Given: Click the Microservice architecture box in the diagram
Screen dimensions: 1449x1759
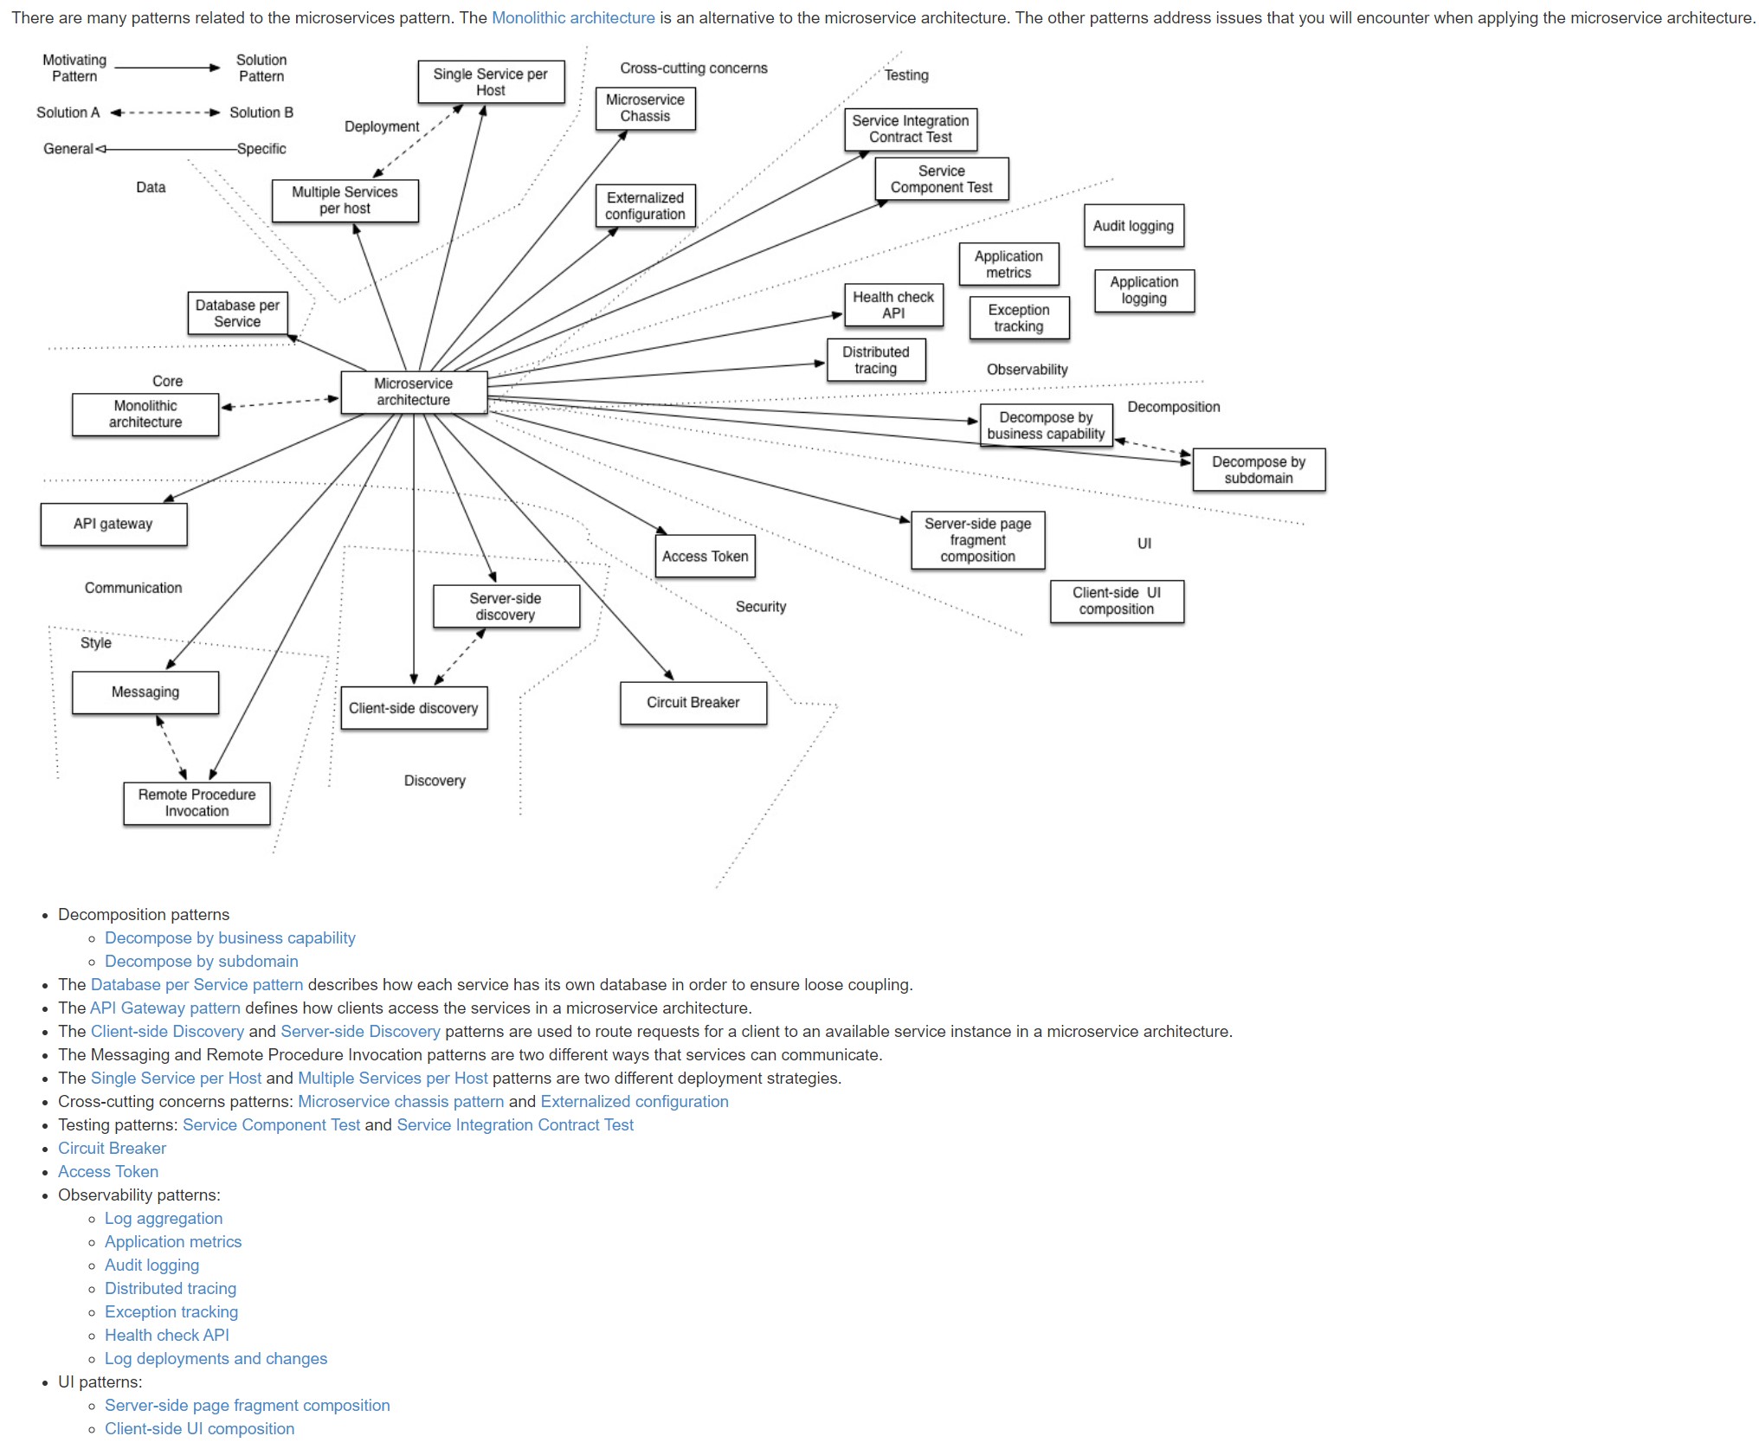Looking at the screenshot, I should (414, 392).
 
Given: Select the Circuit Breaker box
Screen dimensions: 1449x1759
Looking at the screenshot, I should (693, 703).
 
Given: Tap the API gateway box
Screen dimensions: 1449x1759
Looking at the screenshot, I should (113, 524).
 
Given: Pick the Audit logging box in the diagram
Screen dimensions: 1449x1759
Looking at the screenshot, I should (1133, 226).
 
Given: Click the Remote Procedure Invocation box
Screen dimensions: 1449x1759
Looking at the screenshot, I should (197, 803).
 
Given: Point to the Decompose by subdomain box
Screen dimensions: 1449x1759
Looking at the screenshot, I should (1258, 470).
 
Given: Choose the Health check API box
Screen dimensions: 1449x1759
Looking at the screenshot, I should (893, 306).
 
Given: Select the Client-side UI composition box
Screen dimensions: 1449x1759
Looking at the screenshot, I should (1116, 601).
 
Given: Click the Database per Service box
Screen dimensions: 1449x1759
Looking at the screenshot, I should (237, 313).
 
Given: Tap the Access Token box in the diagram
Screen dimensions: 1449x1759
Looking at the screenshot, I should (705, 557).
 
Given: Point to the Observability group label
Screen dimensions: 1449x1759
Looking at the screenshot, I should (1027, 370).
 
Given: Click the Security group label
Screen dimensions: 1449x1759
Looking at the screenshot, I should (761, 607).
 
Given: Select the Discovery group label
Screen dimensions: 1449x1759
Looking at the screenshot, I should (435, 781).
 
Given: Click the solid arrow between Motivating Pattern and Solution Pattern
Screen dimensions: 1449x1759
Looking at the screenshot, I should (167, 68).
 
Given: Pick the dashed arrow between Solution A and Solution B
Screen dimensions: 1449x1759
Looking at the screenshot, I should (165, 113).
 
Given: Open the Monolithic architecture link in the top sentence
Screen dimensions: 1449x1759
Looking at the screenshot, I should (573, 17).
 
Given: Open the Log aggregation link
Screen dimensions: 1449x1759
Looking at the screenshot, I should (164, 1218).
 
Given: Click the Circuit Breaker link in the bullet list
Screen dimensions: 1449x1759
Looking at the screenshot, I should (112, 1148).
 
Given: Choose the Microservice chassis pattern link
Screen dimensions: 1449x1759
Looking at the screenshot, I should (401, 1101).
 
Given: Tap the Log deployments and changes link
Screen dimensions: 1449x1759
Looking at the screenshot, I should (216, 1358).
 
